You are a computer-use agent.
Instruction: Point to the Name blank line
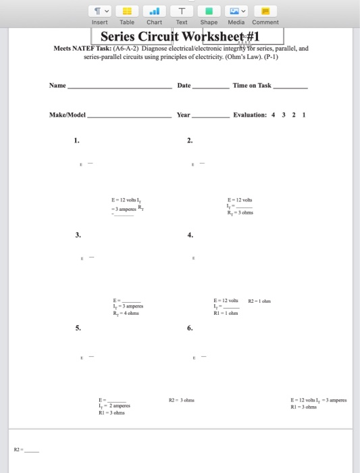[x=120, y=88]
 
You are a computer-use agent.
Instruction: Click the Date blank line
[x=211, y=88]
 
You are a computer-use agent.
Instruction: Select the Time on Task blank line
[x=290, y=88]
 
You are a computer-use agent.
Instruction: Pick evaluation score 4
[x=273, y=115]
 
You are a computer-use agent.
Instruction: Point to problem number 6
[x=190, y=328]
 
